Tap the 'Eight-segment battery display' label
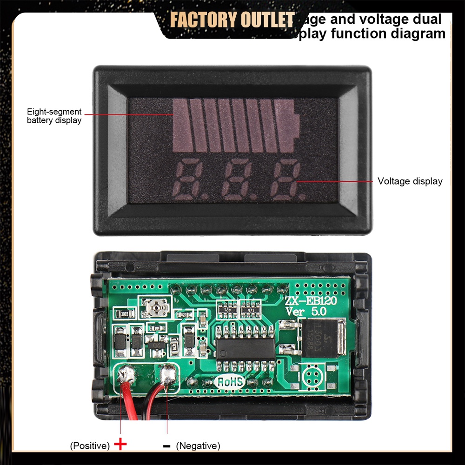point(54,116)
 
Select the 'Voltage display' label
point(410,181)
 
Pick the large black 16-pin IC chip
point(244,348)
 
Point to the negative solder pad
point(168,375)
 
